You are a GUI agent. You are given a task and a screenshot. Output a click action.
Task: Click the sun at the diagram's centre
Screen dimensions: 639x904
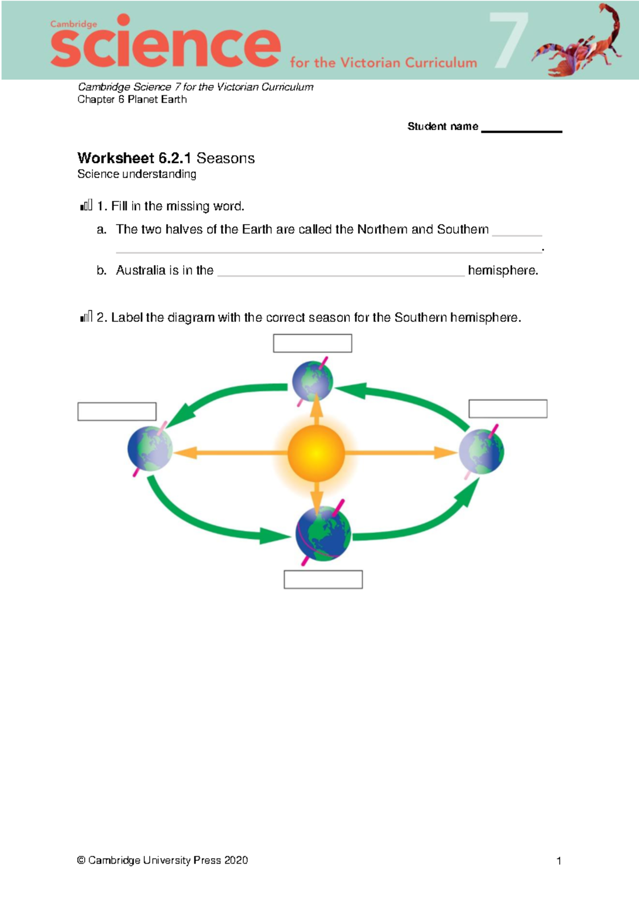(316, 453)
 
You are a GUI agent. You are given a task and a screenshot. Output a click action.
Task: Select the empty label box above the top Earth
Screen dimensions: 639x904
(313, 343)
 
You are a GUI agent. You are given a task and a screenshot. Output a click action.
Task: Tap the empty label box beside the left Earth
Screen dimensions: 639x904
(117, 412)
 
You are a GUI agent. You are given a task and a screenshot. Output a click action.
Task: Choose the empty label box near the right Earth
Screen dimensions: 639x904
(508, 409)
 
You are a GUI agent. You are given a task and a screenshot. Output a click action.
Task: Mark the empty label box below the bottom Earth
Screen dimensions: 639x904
(323, 579)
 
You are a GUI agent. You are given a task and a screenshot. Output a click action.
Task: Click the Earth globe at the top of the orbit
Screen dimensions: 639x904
(313, 381)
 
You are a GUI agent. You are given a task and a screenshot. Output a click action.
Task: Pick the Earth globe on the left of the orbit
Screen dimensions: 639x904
(150, 448)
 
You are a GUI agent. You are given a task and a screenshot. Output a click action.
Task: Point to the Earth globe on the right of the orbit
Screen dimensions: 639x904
(482, 451)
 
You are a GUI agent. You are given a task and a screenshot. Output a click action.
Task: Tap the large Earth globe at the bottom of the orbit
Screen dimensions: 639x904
(323, 533)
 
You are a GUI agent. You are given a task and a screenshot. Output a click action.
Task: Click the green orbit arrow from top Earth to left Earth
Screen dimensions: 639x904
(224, 399)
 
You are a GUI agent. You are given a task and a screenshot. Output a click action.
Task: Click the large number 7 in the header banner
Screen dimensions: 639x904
(509, 40)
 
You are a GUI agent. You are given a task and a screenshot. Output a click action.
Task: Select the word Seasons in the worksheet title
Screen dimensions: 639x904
(225, 158)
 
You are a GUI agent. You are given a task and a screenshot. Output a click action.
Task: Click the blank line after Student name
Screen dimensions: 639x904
(521, 129)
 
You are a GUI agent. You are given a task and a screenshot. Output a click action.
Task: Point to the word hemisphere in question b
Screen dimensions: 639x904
(503, 270)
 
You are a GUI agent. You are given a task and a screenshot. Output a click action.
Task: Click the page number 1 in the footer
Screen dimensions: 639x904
(559, 861)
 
